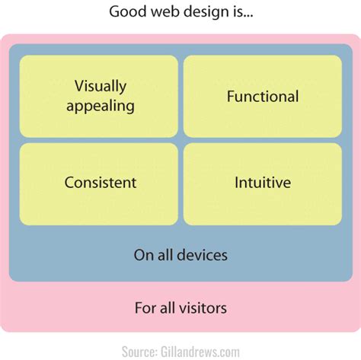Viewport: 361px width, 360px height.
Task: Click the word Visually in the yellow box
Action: (x=101, y=86)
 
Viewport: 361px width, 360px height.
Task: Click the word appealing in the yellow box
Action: (x=101, y=105)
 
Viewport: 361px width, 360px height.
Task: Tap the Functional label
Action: (x=263, y=96)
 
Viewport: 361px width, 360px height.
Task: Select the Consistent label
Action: (x=101, y=183)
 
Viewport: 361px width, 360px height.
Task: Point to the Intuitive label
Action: (x=263, y=183)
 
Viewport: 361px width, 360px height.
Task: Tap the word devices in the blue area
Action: (x=201, y=255)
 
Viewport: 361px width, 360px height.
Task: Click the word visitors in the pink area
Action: (x=200, y=308)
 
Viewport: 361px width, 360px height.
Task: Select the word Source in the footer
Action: (x=139, y=351)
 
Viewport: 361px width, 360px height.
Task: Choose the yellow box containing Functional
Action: (x=263, y=96)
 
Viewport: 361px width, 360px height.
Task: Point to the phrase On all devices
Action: (x=180, y=255)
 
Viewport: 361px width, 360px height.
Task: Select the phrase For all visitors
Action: (x=180, y=308)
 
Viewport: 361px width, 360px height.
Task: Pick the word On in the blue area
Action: (x=143, y=255)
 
